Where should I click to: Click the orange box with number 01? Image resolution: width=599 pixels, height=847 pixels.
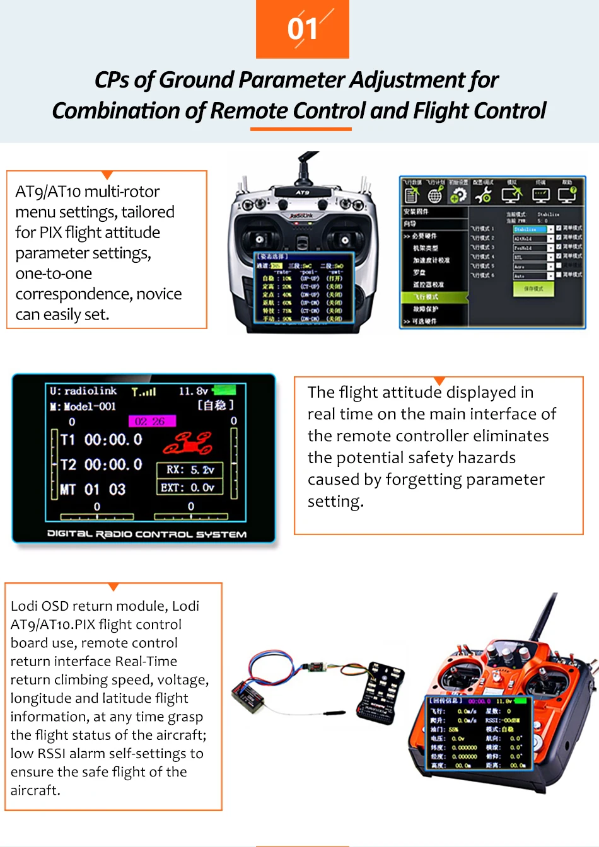click(303, 29)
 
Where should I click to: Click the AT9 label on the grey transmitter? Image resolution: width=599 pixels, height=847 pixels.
click(303, 192)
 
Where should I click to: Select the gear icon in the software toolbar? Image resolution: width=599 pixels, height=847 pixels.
click(459, 195)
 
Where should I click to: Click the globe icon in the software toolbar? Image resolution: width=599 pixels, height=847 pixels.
click(435, 196)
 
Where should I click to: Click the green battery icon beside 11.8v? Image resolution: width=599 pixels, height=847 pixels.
click(225, 390)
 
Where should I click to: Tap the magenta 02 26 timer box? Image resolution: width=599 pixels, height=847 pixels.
click(152, 421)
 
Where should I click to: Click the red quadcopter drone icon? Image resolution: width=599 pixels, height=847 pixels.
click(188, 443)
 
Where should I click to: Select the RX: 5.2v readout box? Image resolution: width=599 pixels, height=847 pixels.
click(190, 470)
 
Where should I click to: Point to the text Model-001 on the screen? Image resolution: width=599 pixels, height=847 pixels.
click(89, 406)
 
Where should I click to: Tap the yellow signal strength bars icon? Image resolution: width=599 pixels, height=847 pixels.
click(144, 392)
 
